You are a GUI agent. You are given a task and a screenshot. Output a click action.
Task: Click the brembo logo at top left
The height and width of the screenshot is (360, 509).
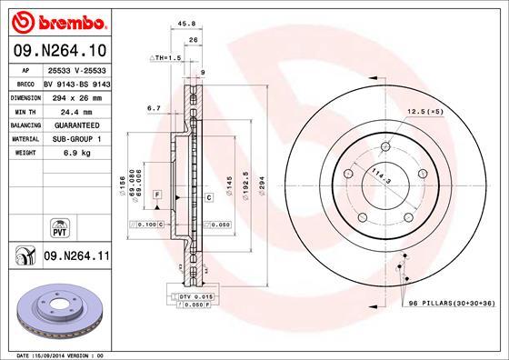point(60,20)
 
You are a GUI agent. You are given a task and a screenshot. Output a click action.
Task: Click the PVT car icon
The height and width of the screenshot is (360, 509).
point(60,225)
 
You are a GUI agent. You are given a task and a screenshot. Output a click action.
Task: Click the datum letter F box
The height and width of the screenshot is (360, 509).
point(156,195)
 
